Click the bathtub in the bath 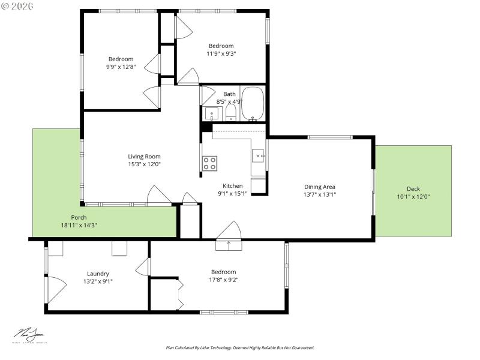click(x=253, y=104)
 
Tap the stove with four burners click(x=209, y=163)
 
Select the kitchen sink click(x=257, y=155)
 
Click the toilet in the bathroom click(x=230, y=114)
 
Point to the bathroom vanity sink click(x=211, y=113)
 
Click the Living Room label click(x=144, y=157)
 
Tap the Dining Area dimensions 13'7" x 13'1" click(x=320, y=194)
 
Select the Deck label click(x=413, y=189)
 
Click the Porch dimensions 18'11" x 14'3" click(x=79, y=225)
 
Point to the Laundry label click(x=98, y=274)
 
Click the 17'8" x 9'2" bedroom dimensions click(x=223, y=279)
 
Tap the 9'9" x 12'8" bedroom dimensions click(x=121, y=67)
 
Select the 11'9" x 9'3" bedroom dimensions click(x=221, y=53)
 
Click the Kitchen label click(x=232, y=185)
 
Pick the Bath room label click(x=229, y=94)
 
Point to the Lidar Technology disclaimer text click(x=239, y=347)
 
